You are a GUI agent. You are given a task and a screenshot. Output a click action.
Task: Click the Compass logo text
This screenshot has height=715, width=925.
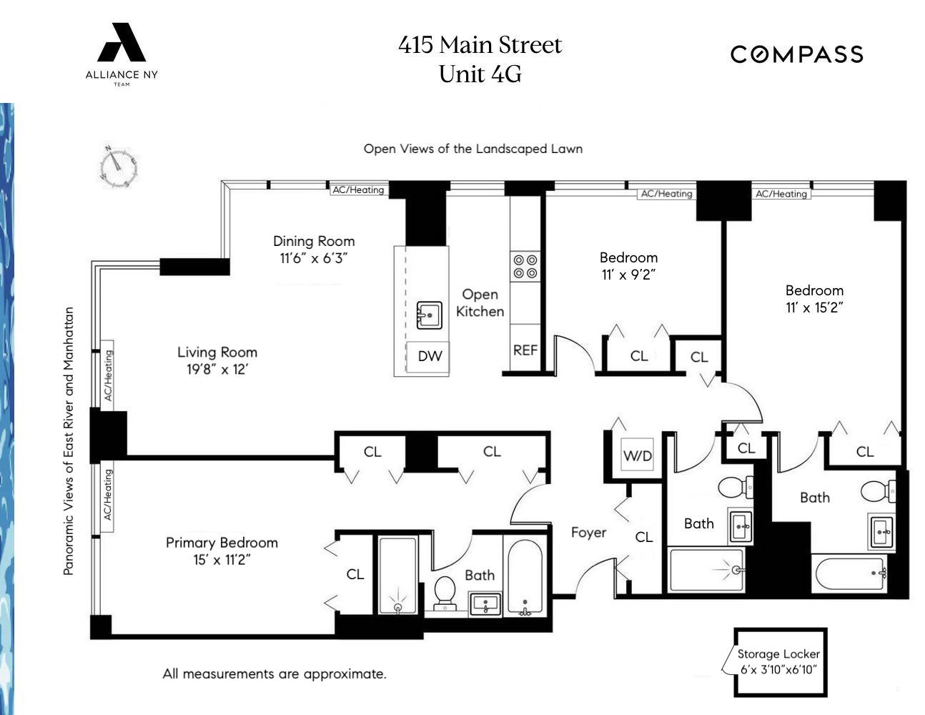coord(796,54)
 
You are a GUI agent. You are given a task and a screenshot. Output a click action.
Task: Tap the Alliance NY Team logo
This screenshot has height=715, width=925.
coord(122,54)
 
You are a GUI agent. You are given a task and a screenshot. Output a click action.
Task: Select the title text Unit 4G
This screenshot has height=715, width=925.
coord(480,74)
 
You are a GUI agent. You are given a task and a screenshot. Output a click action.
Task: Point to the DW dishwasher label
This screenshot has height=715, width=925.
coord(430,356)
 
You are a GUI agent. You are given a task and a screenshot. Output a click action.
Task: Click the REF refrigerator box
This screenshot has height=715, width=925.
coord(525,350)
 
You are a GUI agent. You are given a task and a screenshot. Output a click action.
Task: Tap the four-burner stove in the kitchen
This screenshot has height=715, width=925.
coord(525,267)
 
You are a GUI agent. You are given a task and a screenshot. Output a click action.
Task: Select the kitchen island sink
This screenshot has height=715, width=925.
coord(430,315)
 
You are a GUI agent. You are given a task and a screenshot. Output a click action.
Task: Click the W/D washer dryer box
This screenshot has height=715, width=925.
coord(638,455)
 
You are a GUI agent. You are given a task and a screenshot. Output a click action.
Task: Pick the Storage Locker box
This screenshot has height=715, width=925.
coord(780,661)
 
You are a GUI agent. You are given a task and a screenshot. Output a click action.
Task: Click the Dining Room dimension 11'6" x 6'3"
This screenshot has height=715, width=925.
coord(314,259)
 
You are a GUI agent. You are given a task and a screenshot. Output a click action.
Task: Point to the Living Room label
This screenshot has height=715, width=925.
coord(217,352)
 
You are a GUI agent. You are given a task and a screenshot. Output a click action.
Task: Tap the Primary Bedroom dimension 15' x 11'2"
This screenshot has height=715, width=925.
coord(222,560)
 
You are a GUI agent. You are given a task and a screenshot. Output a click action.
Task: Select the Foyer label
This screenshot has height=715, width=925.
coord(588,533)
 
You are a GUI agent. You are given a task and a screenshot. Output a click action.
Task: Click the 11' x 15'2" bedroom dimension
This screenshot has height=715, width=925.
coord(814,307)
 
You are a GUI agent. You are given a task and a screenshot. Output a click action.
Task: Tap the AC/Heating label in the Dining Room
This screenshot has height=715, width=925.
coord(358,189)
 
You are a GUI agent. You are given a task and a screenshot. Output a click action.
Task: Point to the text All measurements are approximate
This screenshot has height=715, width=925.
coord(274,674)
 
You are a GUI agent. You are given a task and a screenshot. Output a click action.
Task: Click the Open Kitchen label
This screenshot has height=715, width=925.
coord(480,302)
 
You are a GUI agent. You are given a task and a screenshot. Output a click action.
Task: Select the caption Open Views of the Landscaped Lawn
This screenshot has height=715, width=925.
coord(473,149)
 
